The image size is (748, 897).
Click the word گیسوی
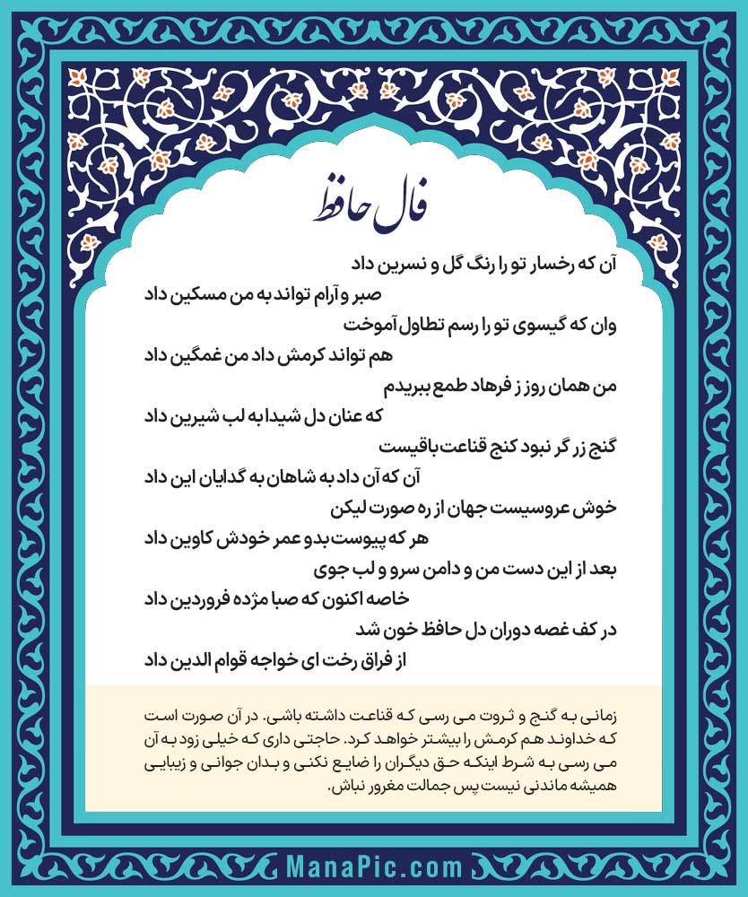click(526, 325)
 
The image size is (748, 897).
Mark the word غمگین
click(204, 355)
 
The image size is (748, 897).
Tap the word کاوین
click(207, 539)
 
